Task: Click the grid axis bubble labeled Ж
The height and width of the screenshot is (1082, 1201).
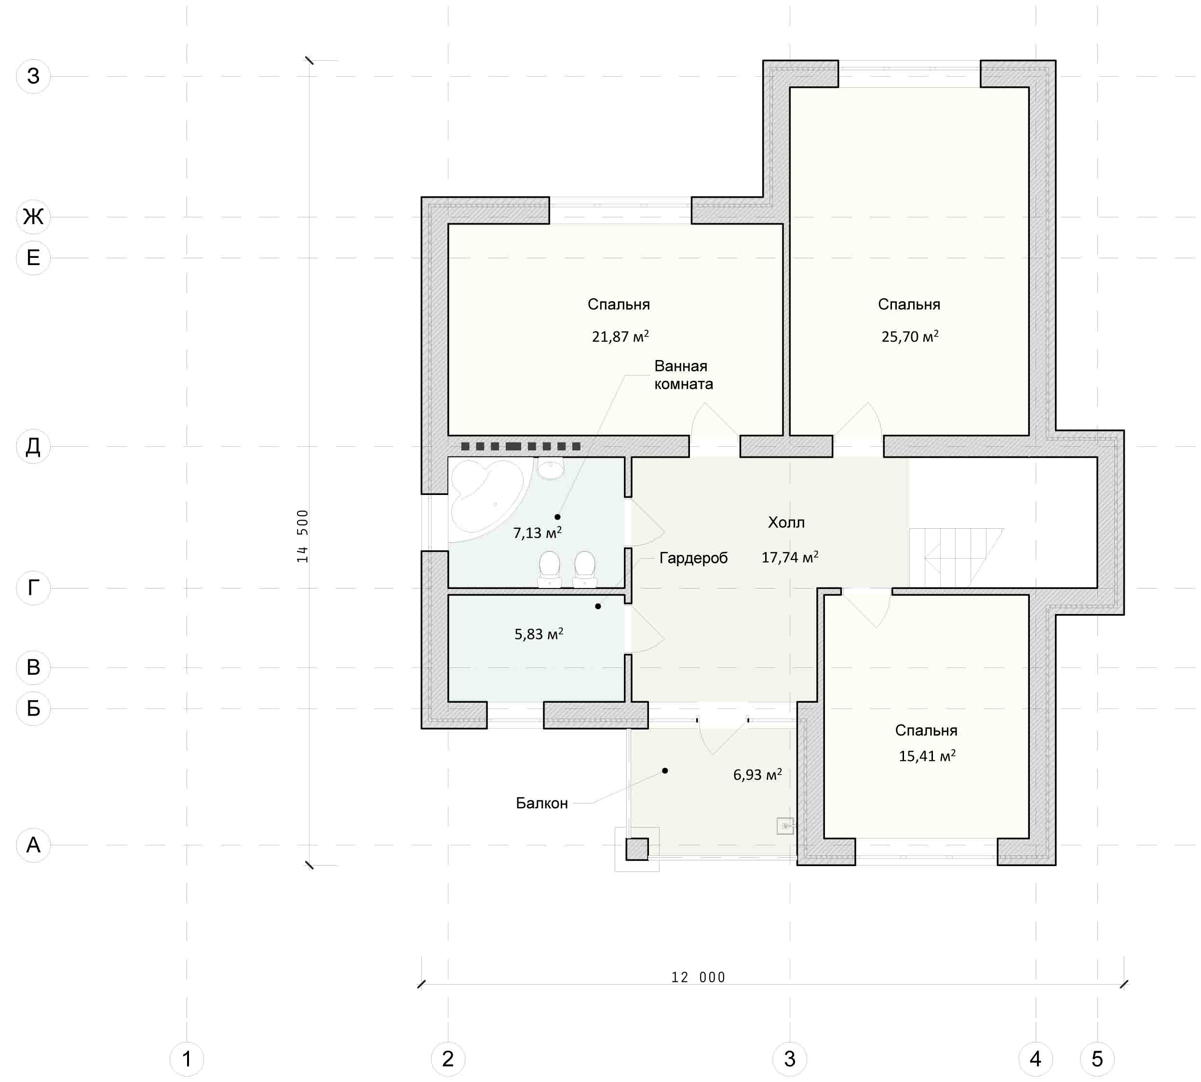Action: point(33,216)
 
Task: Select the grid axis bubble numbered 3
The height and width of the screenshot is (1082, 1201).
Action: point(789,1058)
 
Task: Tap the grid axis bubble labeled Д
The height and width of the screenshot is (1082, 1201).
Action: point(33,446)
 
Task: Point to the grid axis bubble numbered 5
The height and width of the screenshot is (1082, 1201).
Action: point(1097,1058)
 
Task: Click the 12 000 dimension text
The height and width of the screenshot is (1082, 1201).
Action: point(698,977)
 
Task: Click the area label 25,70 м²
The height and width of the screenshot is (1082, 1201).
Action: point(909,336)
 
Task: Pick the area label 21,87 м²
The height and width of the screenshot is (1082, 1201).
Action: point(620,336)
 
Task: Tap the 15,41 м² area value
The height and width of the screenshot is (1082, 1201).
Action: point(927,756)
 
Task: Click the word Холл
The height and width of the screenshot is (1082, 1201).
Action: point(786,522)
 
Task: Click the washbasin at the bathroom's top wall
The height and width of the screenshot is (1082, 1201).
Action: point(550,468)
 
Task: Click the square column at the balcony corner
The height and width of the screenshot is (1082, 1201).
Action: point(636,848)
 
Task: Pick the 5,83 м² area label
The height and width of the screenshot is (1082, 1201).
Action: point(539,634)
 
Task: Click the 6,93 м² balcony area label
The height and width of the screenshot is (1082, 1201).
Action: point(757,774)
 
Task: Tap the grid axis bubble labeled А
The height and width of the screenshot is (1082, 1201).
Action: point(33,844)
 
